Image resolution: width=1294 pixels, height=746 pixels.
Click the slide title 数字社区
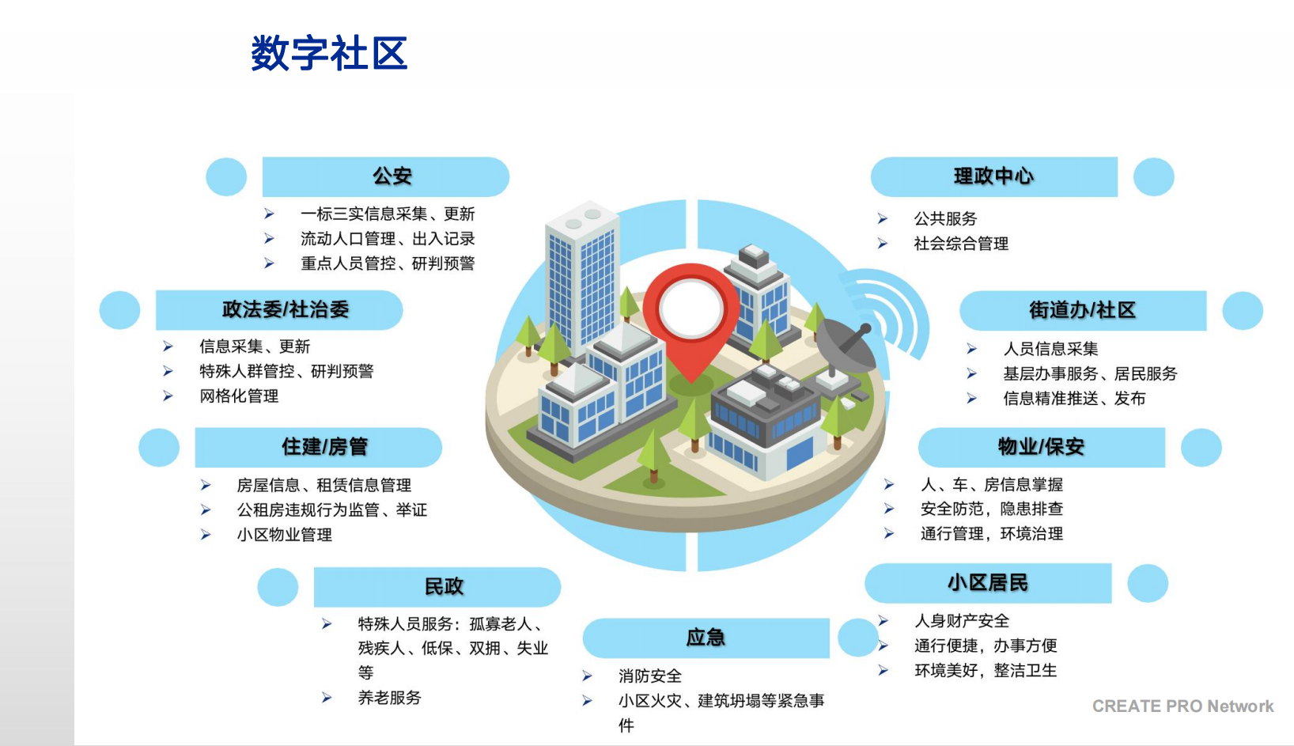click(x=329, y=53)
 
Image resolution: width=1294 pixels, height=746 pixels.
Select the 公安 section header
click(x=392, y=176)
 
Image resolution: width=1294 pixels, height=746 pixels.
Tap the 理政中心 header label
click(x=993, y=176)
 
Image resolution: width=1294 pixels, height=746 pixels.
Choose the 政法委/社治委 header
click(x=286, y=310)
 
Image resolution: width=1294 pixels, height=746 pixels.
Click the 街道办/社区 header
click(x=1083, y=310)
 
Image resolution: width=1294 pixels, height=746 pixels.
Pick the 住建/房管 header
click(x=324, y=447)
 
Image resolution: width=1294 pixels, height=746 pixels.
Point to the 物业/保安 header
click(x=1041, y=447)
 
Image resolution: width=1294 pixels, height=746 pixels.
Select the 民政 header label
click(x=444, y=586)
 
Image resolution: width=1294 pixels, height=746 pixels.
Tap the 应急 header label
click(x=706, y=638)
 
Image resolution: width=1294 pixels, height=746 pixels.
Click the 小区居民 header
click(x=988, y=582)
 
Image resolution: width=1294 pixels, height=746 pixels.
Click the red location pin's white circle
click(x=691, y=308)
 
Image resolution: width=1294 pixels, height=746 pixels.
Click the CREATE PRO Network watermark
click(x=1182, y=706)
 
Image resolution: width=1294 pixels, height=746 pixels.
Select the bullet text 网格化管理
click(x=239, y=396)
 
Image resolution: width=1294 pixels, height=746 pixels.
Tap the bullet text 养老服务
click(x=389, y=698)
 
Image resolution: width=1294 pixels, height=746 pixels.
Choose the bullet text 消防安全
click(x=650, y=676)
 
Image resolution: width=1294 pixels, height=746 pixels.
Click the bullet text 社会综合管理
click(x=961, y=244)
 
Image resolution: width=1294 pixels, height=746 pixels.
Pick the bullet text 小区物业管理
click(x=284, y=535)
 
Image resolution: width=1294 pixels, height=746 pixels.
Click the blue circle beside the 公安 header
click(x=226, y=177)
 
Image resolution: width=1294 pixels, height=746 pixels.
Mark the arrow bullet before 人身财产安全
click(x=883, y=620)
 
